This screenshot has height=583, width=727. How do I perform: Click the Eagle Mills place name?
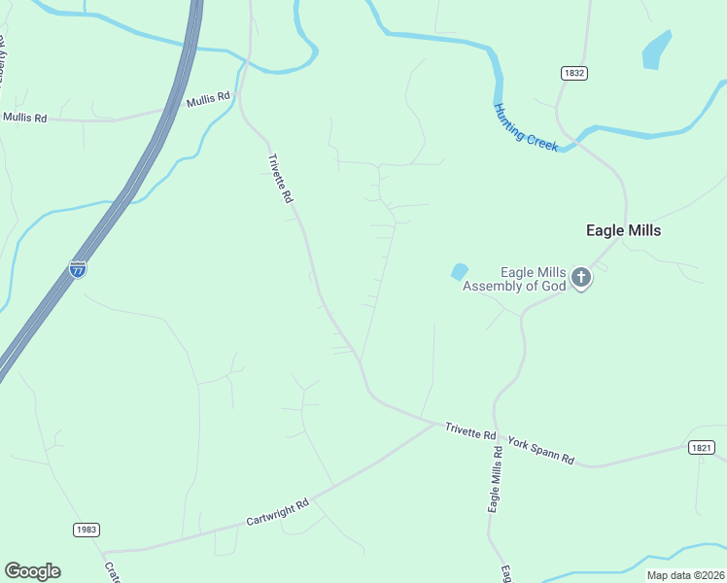[x=623, y=230]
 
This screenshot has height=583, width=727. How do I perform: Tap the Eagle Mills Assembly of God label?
[x=513, y=279]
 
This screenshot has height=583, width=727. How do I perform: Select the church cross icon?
[x=580, y=279]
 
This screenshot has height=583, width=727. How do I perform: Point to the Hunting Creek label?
[x=526, y=127]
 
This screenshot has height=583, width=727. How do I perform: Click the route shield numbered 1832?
[x=574, y=73]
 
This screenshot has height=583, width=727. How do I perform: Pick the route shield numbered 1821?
[x=703, y=448]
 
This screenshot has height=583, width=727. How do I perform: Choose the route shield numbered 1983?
[x=86, y=530]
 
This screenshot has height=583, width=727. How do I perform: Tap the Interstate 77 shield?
[x=78, y=269]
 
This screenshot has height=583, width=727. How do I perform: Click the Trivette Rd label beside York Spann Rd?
[x=470, y=431]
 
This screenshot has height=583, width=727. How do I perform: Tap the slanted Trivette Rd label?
[x=280, y=178]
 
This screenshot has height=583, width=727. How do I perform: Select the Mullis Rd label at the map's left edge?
[x=24, y=118]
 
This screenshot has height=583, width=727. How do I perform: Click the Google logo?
[x=32, y=571]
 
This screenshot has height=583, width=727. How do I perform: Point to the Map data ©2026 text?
[x=685, y=575]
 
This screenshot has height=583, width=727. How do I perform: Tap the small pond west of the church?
[x=459, y=272]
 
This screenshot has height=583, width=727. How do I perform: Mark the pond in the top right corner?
[x=657, y=50]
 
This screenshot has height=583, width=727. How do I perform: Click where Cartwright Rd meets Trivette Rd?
[x=435, y=423]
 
